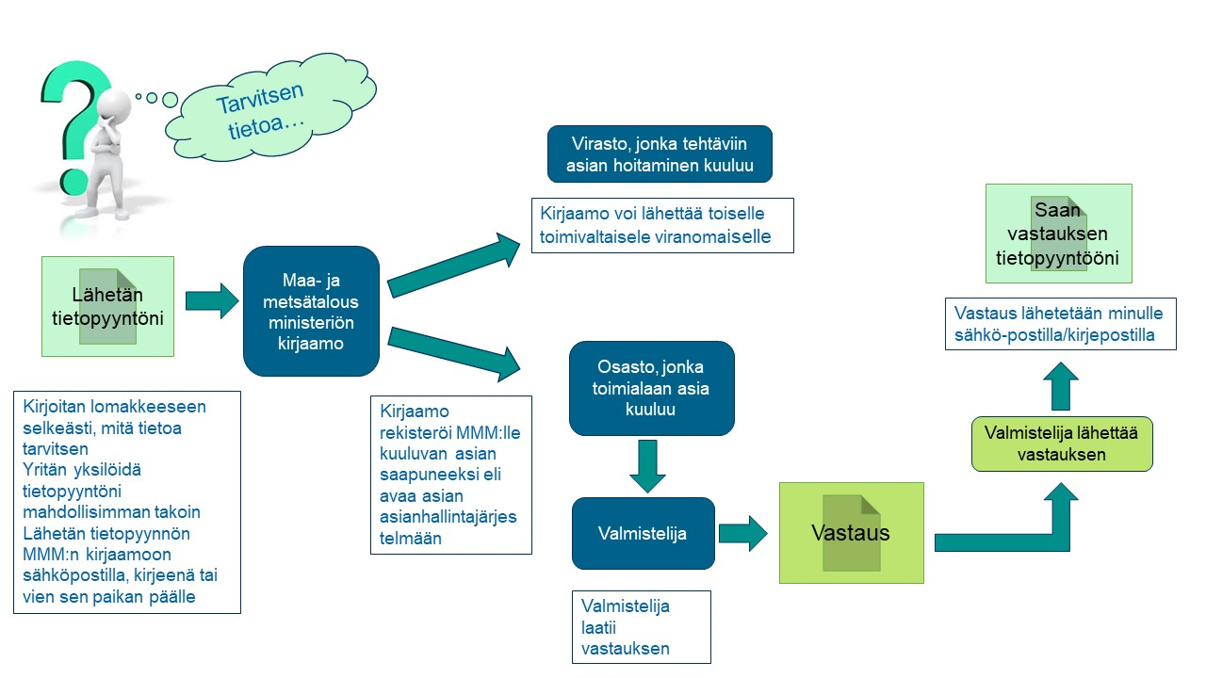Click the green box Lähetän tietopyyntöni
(107, 306)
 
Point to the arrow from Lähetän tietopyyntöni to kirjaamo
(212, 300)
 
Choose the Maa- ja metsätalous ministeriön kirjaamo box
(311, 312)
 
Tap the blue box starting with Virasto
(660, 154)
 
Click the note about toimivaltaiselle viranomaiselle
(661, 225)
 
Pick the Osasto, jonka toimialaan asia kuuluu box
(652, 388)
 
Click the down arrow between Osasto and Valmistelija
(647, 465)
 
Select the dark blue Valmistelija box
(644, 534)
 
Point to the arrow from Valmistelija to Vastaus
(742, 534)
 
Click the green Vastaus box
(851, 532)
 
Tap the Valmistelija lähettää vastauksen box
(1061, 444)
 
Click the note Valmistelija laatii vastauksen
(640, 627)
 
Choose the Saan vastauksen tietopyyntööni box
(1058, 234)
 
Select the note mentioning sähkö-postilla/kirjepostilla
(1060, 324)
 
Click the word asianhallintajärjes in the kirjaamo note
(448, 516)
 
